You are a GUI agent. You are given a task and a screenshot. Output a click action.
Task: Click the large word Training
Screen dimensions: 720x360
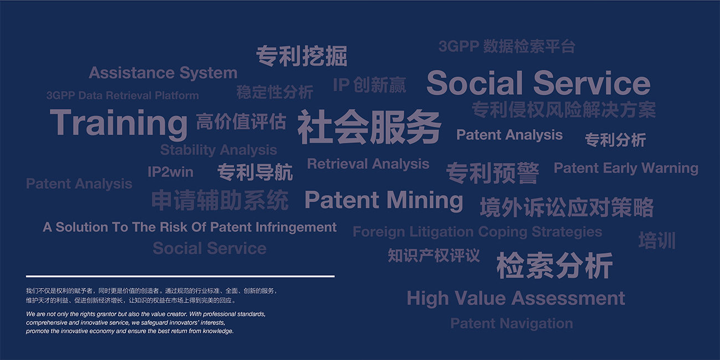click(x=119, y=124)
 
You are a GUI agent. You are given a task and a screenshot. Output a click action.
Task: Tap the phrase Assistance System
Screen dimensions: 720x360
click(x=163, y=73)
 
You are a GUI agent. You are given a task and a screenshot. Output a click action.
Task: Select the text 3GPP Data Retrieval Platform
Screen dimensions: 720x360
click(x=122, y=95)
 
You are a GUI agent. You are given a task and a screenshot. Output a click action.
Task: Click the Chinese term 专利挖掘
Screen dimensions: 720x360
click(x=301, y=56)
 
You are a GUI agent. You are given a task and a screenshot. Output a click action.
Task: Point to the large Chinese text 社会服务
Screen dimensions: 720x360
click(x=369, y=127)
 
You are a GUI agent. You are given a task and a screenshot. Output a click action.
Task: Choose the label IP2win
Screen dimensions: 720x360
click(x=171, y=172)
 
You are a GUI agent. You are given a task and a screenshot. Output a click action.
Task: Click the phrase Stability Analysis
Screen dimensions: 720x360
click(x=219, y=150)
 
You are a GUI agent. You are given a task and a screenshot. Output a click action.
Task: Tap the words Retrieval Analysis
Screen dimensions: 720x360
click(x=368, y=164)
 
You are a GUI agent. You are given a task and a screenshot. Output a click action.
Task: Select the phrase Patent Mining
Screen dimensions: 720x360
click(x=384, y=200)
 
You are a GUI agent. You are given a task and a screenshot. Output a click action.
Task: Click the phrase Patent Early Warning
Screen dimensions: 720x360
click(x=626, y=168)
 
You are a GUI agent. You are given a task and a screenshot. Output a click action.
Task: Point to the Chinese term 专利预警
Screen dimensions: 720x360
click(x=492, y=173)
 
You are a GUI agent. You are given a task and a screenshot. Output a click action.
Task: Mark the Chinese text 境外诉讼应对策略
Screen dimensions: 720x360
click(x=567, y=207)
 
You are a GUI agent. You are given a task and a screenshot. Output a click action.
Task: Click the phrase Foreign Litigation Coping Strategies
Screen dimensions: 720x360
click(x=477, y=232)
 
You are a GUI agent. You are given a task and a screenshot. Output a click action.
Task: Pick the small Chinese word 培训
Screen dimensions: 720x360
click(x=657, y=240)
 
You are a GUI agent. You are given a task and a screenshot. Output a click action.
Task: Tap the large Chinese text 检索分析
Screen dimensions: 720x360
click(x=554, y=265)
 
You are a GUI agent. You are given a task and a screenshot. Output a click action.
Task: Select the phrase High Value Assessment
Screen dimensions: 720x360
click(x=516, y=299)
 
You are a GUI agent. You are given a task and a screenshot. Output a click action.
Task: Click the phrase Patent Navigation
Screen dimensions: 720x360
click(x=512, y=323)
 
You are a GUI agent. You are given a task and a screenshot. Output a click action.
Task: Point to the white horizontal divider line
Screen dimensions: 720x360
click(x=181, y=276)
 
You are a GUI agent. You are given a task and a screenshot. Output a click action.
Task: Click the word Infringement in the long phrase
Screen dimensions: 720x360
click(x=296, y=228)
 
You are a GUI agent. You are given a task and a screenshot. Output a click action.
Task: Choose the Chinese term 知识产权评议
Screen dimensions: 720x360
click(x=434, y=255)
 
